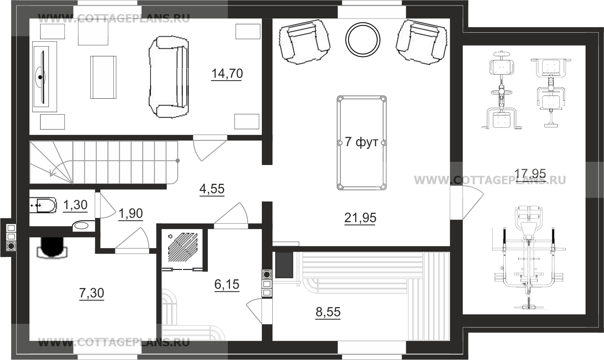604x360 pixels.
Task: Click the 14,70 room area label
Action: [227, 73]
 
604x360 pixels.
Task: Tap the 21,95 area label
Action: [360, 218]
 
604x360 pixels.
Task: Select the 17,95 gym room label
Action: [530, 173]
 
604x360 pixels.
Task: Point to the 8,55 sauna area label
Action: [328, 312]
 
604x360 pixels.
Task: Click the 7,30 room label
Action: [92, 293]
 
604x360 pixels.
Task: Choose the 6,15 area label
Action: [227, 284]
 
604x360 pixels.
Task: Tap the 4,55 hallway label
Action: [212, 189]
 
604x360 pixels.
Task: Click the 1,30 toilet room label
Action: [75, 205]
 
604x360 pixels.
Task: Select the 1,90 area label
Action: [131, 213]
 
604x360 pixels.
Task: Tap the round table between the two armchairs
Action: [363, 40]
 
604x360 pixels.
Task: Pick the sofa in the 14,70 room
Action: [169, 77]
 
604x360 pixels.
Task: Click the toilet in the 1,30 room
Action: [43, 205]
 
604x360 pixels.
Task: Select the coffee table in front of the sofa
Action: [103, 77]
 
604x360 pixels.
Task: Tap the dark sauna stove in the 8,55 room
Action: [284, 265]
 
